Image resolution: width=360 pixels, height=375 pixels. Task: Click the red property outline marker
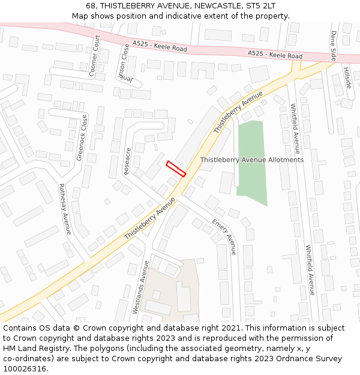176,169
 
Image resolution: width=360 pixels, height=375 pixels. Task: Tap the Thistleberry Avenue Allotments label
251,160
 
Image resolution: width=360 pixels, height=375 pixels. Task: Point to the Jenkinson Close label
123,66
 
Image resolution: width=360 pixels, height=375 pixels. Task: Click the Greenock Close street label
82,138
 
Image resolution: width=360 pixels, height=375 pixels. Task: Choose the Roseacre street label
127,161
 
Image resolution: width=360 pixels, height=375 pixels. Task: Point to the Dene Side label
334,46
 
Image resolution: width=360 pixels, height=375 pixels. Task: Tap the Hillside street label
346,77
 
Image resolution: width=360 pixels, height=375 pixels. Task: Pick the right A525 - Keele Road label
275,55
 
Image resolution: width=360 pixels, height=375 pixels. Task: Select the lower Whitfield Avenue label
310,269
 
